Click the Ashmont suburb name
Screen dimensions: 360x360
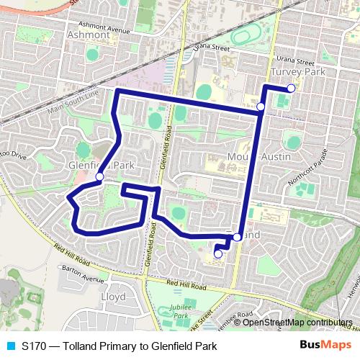pos(87,35)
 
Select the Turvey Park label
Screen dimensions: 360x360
pos(299,73)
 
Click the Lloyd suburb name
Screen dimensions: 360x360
pos(114,296)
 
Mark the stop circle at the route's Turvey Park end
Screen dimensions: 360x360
pos(291,88)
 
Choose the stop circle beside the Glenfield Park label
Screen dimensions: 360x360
pos(99,176)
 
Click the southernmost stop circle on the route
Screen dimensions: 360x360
pos(217,253)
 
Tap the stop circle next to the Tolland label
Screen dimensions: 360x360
pos(237,237)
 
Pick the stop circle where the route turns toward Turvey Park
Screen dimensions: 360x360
pos(261,107)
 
